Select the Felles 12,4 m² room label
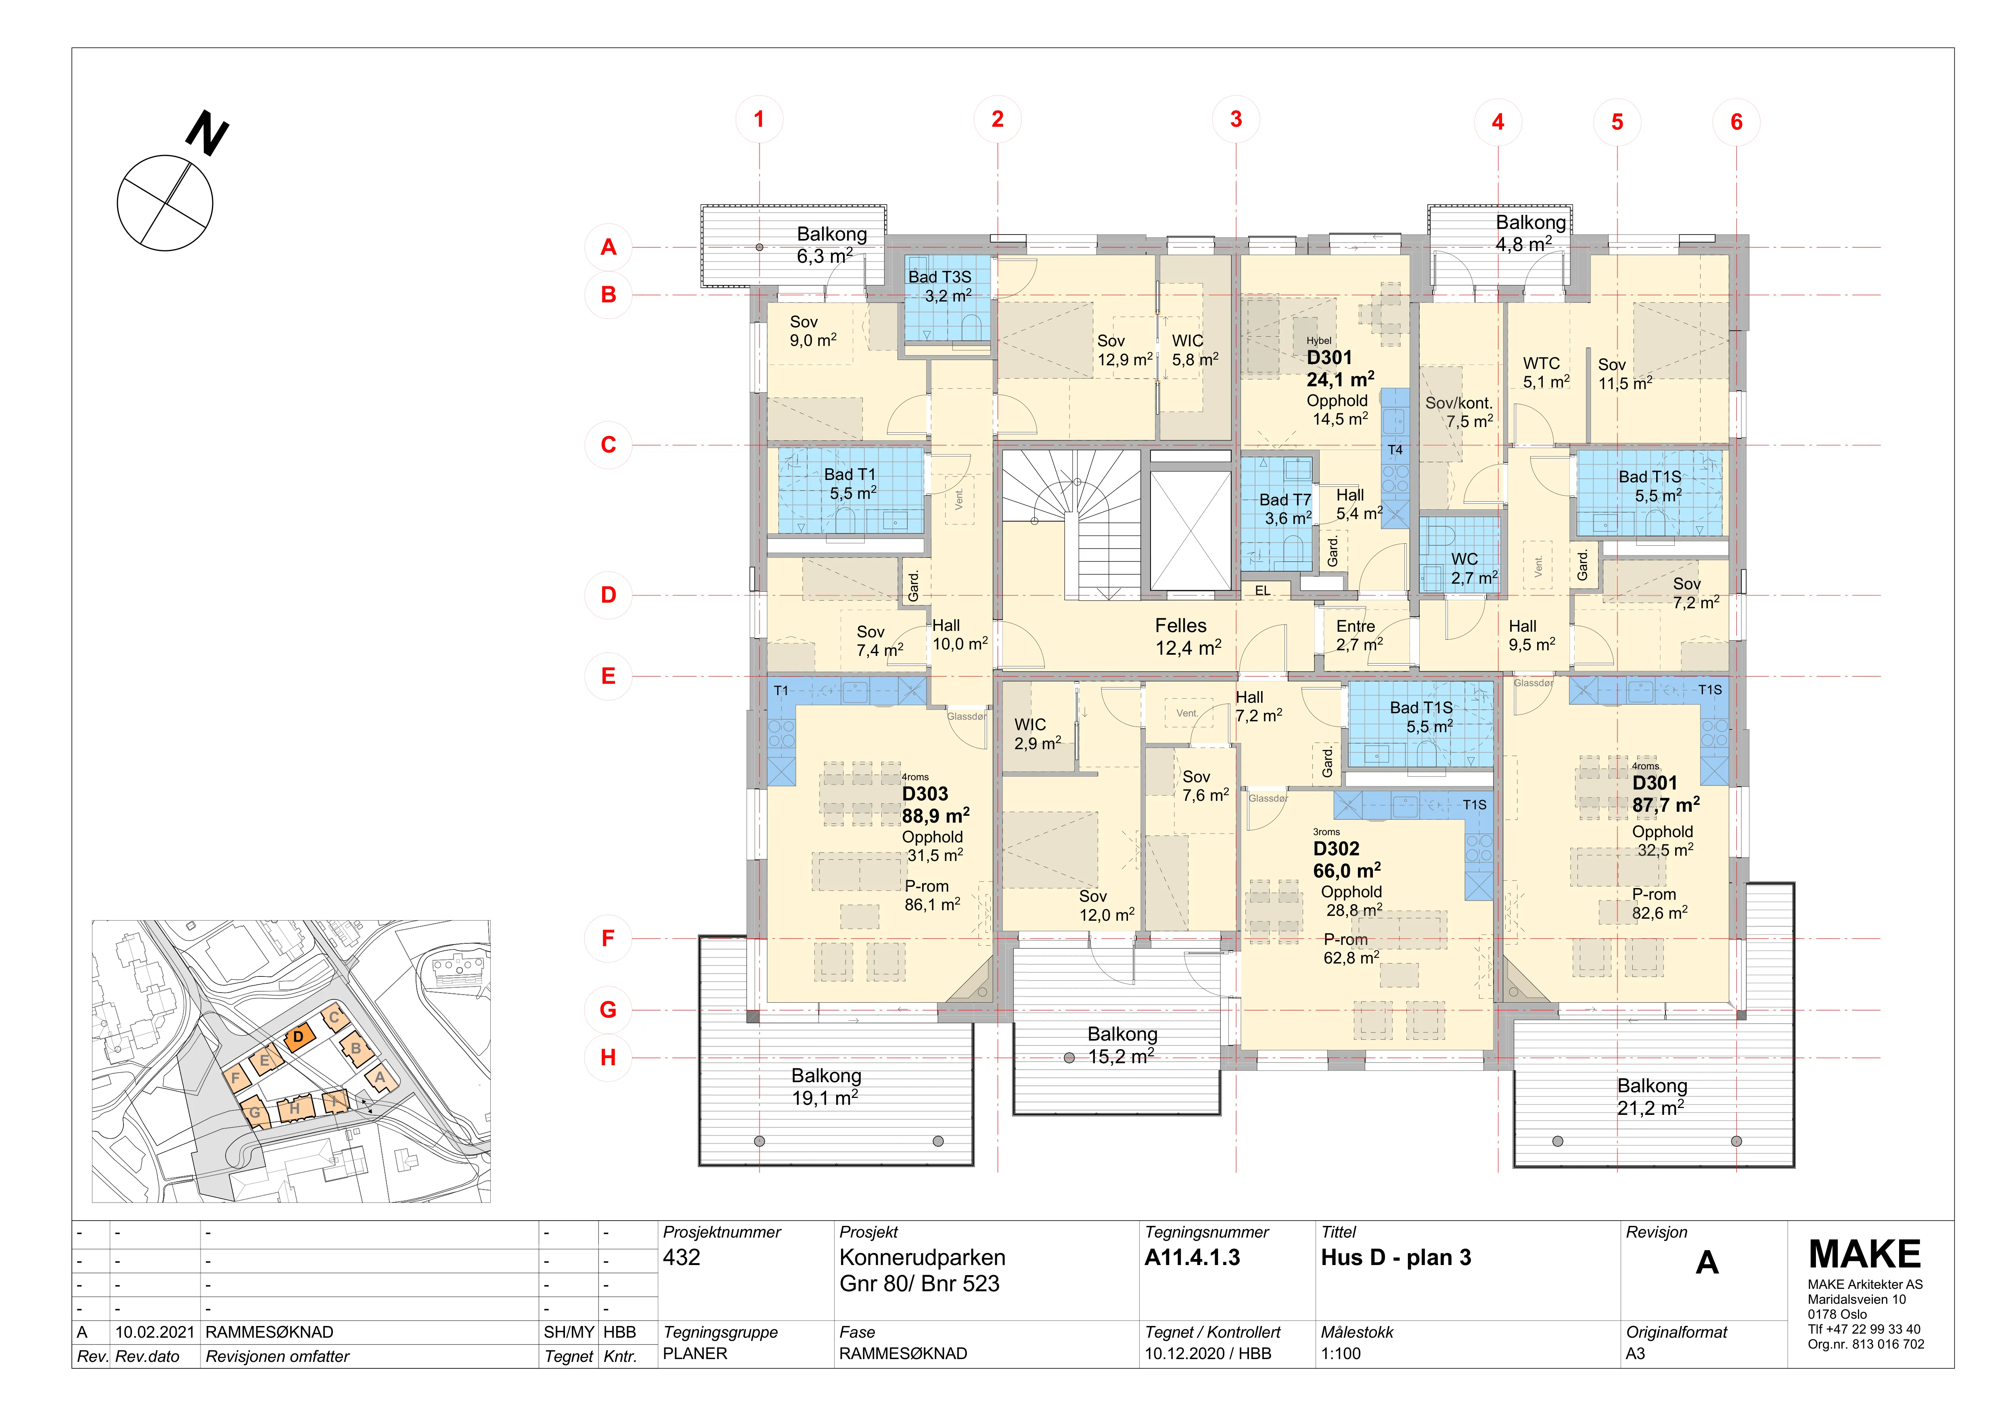click(1188, 637)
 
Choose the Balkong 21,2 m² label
click(1651, 1097)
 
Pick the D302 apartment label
click(1336, 848)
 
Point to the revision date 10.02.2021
click(154, 1332)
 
